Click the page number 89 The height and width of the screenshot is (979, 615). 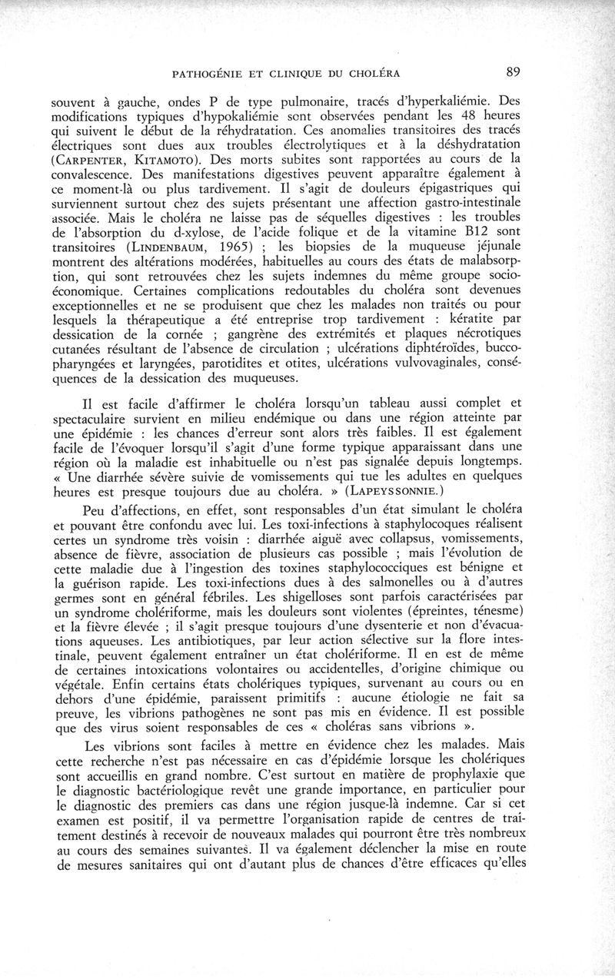[514, 73]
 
